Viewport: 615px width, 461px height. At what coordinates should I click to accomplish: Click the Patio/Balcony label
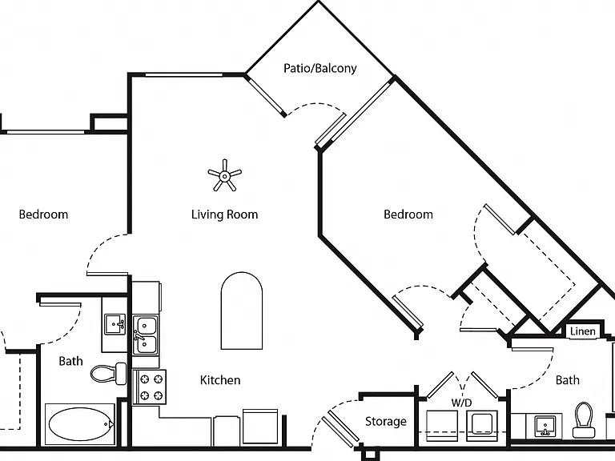tap(320, 69)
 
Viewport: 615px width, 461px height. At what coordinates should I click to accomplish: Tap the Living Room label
tap(225, 214)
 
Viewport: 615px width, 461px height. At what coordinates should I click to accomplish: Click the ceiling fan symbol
tap(224, 175)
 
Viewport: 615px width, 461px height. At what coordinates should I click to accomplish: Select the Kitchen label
tap(220, 380)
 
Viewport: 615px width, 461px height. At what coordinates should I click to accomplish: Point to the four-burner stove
tap(150, 387)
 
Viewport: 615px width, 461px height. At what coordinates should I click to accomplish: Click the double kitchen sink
tap(145, 335)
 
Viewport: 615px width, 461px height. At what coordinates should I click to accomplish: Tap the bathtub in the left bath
tap(80, 424)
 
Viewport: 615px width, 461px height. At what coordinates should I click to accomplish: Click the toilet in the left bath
tap(109, 374)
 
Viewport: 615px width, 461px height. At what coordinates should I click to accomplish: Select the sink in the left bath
tap(115, 324)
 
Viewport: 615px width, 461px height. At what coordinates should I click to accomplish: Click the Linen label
tap(582, 331)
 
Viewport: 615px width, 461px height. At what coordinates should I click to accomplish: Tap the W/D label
tap(461, 403)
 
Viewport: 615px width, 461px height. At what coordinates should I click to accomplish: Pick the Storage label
tap(385, 422)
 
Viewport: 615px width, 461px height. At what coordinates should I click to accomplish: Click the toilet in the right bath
tap(584, 420)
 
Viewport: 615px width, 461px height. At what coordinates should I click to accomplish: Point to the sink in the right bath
tap(545, 427)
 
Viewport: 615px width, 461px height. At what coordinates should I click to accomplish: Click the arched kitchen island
tap(242, 311)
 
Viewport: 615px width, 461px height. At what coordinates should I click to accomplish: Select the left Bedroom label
tap(43, 214)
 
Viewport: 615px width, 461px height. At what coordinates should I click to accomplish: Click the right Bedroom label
tap(408, 214)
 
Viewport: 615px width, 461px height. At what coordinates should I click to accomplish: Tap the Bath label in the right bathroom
tap(567, 380)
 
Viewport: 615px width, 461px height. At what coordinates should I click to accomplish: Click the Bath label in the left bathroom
tap(70, 361)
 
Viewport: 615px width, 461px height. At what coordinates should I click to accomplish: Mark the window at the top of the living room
tap(184, 74)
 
